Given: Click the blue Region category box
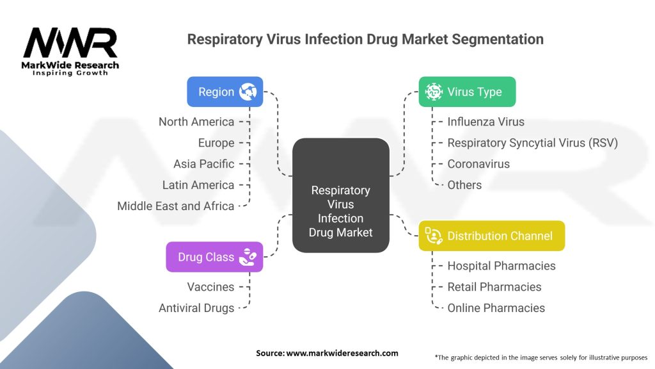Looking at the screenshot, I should pyautogui.click(x=225, y=92).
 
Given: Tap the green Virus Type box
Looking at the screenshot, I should pyautogui.click(x=467, y=92).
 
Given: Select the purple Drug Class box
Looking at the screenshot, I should pyautogui.click(x=214, y=257).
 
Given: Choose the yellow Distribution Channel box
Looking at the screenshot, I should pyautogui.click(x=492, y=236).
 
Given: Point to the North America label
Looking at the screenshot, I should pyautogui.click(x=196, y=122).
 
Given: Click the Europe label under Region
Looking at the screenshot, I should pyautogui.click(x=216, y=143).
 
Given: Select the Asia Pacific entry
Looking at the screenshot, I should pyautogui.click(x=203, y=164).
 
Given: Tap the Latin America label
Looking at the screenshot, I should pyautogui.click(x=198, y=185).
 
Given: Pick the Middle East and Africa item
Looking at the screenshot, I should pyautogui.click(x=175, y=206).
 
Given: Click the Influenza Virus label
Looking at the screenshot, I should pyautogui.click(x=485, y=122).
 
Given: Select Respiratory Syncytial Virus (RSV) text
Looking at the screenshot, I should pyautogui.click(x=532, y=143).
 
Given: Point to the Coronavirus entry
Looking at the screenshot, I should pyautogui.click(x=478, y=164).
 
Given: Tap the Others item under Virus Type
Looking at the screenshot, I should pyautogui.click(x=464, y=185).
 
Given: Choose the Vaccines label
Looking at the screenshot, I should pyautogui.click(x=210, y=287).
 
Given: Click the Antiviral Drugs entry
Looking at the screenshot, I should pyautogui.click(x=196, y=308).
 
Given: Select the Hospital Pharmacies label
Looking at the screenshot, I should pyautogui.click(x=501, y=266).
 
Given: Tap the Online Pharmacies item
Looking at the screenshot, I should pyautogui.click(x=496, y=308).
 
